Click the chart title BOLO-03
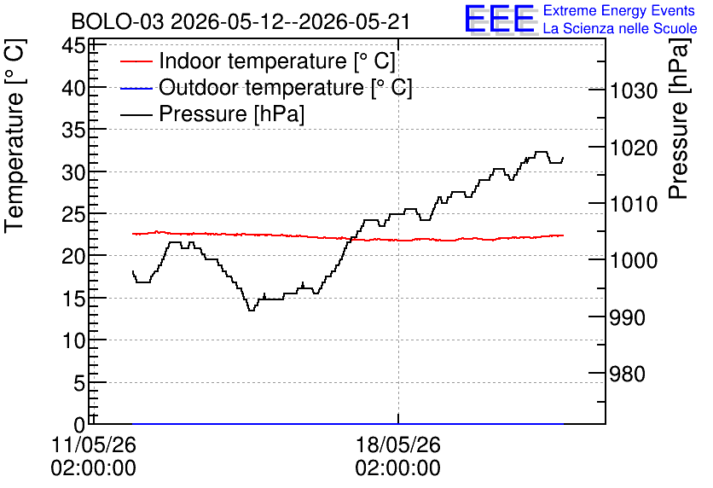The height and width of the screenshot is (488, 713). coord(118,22)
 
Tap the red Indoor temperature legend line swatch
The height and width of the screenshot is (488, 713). coord(136,61)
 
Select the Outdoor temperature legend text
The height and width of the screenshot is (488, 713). coord(285,87)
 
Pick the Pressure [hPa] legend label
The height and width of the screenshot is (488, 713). coord(231,113)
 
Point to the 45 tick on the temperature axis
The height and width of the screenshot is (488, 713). coord(73,46)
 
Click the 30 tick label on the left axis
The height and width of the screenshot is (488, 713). coord(73,172)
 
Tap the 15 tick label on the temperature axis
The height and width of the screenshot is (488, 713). coord(73,299)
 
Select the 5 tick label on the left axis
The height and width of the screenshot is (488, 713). coord(79,383)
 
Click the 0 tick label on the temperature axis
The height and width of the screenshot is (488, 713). coord(79,425)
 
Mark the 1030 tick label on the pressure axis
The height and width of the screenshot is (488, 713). coord(634,91)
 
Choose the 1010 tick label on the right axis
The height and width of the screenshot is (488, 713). coord(634,204)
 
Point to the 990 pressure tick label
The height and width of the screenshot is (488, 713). coord(627,317)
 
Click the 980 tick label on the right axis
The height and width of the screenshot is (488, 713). coord(627,375)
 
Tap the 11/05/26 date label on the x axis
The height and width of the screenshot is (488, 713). coord(93,444)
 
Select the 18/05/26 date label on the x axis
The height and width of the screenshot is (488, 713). coord(398,444)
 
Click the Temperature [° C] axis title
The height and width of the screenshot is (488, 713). coord(14,136)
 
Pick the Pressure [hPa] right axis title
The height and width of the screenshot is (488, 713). coord(679,119)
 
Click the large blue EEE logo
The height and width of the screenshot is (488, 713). coord(500,19)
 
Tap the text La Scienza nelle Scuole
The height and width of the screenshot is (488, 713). coord(620,28)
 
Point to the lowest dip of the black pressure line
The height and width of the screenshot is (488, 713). coord(251,311)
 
